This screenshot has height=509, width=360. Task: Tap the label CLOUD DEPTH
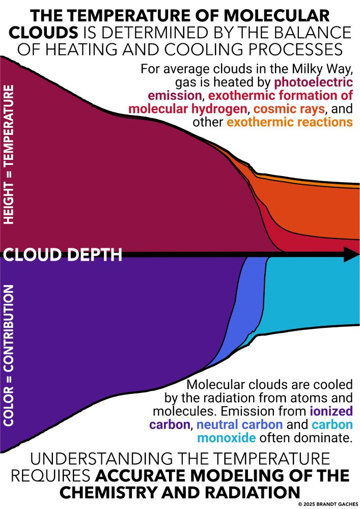click(63, 255)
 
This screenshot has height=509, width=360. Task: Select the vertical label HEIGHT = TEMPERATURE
click(9, 155)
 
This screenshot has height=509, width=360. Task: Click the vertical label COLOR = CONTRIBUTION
click(9, 355)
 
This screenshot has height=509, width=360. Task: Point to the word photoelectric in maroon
click(314, 82)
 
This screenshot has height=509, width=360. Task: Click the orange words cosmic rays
click(289, 109)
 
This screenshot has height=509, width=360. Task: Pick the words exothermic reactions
click(290, 122)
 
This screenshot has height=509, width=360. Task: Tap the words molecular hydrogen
click(187, 109)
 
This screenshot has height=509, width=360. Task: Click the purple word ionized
click(331, 411)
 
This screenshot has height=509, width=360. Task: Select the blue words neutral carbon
click(239, 425)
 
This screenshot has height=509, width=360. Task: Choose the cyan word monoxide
click(226, 438)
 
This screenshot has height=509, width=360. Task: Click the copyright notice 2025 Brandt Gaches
click(328, 504)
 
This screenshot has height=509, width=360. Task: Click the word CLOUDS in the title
click(43, 33)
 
